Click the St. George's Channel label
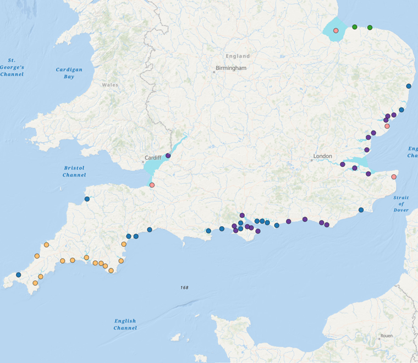tap(12, 67)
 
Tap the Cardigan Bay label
tap(69, 73)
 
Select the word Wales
tap(109, 85)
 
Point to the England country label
tap(238, 56)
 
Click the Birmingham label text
tap(231, 68)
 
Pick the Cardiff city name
tap(153, 157)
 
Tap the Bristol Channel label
tap(74, 171)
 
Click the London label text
tap(322, 156)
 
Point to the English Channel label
tap(125, 324)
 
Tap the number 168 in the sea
tap(184, 288)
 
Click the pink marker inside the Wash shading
tap(335, 30)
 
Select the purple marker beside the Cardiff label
tap(168, 156)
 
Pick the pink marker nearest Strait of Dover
tap(394, 177)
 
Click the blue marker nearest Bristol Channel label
tap(87, 199)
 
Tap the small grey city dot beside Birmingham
tap(215, 71)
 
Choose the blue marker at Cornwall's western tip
tap(18, 274)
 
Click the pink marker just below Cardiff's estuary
tap(152, 185)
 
